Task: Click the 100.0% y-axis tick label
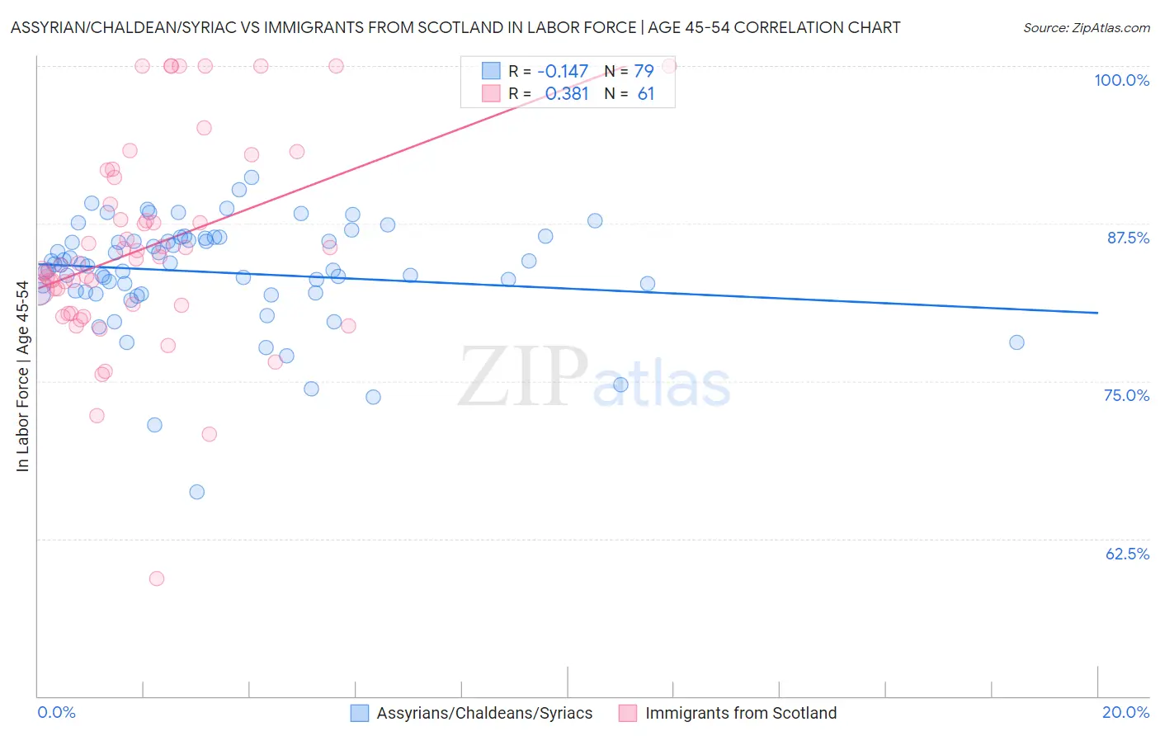1121,80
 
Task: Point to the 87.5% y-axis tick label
1128,238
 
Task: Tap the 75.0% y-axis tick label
1126,395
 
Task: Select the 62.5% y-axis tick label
1127,554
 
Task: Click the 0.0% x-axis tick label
56,712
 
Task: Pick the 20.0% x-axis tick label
1125,712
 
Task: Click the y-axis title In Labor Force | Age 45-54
22,376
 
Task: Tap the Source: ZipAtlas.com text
1086,28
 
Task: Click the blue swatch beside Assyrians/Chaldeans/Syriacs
360,713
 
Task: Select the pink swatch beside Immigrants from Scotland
628,713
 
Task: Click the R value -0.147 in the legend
563,72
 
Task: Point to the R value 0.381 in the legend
567,94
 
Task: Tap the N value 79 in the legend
644,72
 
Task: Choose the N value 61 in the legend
645,94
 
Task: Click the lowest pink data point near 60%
157,578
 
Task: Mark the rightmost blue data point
1016,342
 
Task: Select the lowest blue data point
197,492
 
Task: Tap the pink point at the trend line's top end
669,66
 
